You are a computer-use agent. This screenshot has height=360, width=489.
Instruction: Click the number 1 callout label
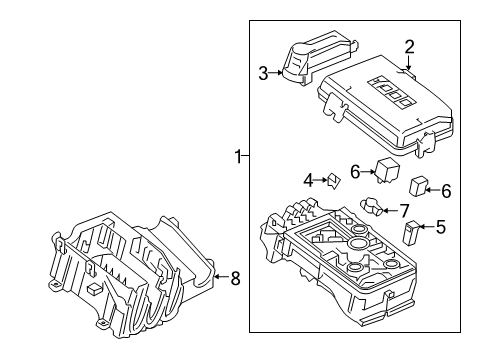coord(238,156)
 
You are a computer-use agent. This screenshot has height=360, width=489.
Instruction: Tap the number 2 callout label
coord(409,45)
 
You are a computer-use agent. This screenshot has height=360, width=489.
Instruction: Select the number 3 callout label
coord(263,73)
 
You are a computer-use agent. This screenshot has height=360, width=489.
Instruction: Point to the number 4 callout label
coord(309,180)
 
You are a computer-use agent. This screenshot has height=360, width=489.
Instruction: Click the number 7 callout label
coord(404,209)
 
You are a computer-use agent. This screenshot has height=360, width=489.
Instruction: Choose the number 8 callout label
coord(235,279)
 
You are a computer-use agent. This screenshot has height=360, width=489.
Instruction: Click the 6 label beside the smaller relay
coord(446,190)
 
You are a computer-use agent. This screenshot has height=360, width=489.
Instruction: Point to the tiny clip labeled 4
coord(334,180)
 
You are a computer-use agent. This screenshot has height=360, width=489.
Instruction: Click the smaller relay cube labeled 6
coord(419,186)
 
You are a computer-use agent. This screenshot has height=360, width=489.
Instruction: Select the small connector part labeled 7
coord(375,209)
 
